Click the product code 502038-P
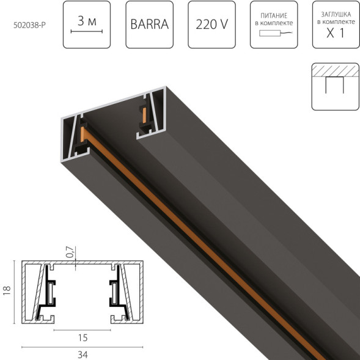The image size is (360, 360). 29,25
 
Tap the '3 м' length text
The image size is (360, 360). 86,20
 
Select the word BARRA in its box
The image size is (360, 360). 149,25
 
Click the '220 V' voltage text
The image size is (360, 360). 211,25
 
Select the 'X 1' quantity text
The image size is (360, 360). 336,33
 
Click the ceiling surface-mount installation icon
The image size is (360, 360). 336,86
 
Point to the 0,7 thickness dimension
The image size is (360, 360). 69,252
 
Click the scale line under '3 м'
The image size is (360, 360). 86,31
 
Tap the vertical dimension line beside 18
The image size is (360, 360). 14,292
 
